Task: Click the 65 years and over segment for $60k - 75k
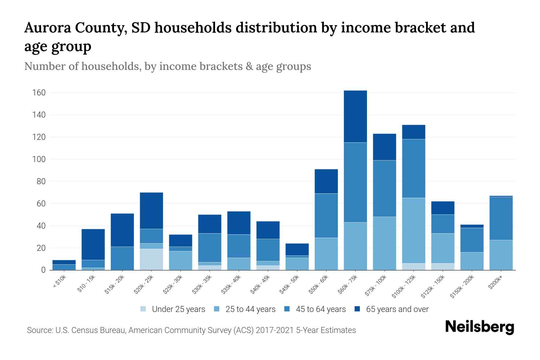tap(355, 116)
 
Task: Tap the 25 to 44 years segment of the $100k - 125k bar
tap(414, 230)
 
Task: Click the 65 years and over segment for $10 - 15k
tap(93, 244)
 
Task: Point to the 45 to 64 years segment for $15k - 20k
tap(122, 258)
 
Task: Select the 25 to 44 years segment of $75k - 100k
tap(384, 243)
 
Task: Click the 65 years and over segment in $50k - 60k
tap(326, 181)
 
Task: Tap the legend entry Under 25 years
tap(178, 309)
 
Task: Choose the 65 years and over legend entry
tap(397, 309)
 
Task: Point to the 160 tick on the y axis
tap(39, 93)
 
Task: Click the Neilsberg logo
tap(479, 327)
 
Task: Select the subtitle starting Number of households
tap(167, 66)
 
